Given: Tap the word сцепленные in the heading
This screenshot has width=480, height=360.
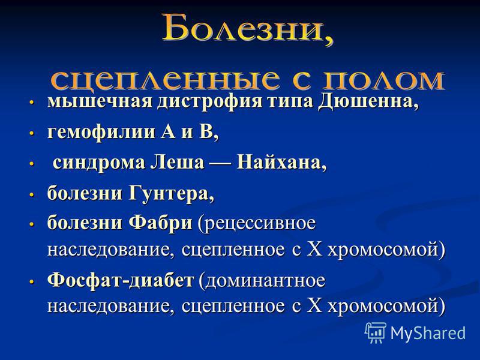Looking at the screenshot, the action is pos(166,80).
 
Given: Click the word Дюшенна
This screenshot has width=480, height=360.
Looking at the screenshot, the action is pos(367,101).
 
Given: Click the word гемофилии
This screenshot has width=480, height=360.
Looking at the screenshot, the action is pos(101,133).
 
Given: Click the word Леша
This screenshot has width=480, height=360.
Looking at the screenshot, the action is pos(177,162).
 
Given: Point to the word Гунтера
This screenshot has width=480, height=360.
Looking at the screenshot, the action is pos(171,193).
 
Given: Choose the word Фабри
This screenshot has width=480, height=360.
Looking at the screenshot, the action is pos(160,223).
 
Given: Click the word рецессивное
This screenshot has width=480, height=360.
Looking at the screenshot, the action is pos(257,224).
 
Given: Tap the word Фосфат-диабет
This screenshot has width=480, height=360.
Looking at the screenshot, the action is pos(121,280).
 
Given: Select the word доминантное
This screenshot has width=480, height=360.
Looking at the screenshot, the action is pos(262,281).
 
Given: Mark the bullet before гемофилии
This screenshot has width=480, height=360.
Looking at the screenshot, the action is pos(31,133).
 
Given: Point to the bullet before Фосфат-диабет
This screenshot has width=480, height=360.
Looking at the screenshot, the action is pos(31,281).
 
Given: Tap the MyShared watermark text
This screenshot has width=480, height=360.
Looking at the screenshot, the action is pos(428,333).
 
